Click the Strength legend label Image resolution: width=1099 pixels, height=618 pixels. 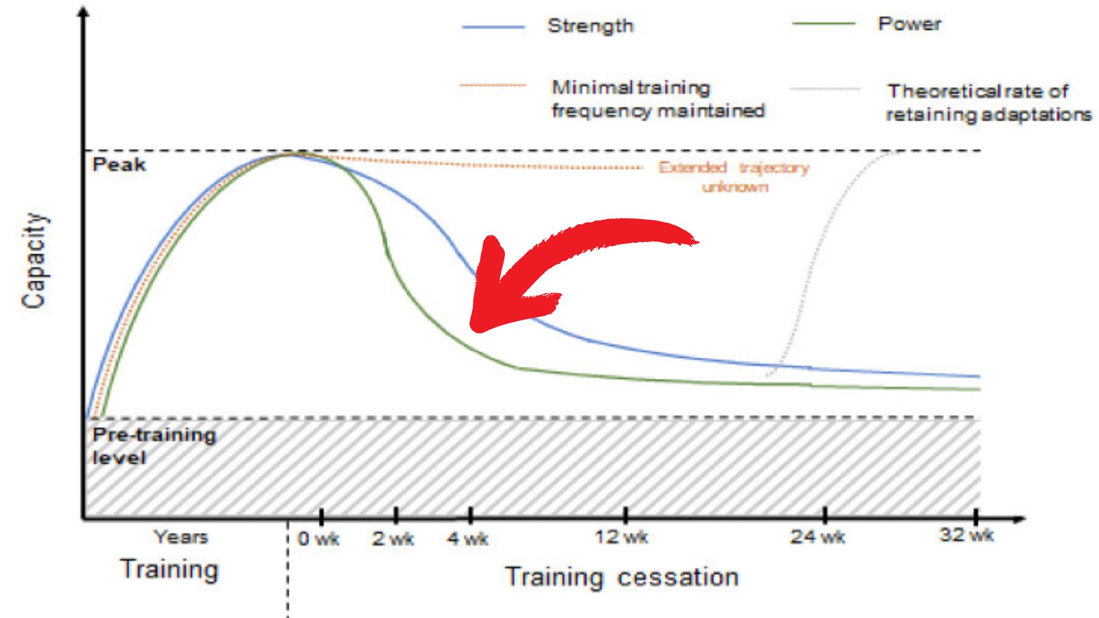(x=590, y=26)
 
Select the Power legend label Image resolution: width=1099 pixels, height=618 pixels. (x=909, y=24)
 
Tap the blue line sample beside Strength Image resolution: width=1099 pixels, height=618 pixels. (x=493, y=27)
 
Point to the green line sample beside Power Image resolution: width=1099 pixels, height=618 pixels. (x=824, y=24)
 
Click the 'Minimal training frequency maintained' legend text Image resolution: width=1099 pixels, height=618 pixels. (x=658, y=99)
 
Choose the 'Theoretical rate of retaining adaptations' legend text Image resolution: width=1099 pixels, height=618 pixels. (x=989, y=103)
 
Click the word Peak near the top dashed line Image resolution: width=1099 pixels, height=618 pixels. (x=119, y=165)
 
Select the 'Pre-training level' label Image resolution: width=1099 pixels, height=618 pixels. (x=153, y=446)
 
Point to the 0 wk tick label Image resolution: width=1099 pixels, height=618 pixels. (x=318, y=538)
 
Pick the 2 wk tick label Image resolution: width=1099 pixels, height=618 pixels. (x=393, y=538)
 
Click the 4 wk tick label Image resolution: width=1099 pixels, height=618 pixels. (x=468, y=538)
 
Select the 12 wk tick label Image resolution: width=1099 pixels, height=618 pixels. (x=621, y=537)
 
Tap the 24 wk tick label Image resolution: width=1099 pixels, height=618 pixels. (x=817, y=537)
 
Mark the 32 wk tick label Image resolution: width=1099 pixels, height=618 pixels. (x=966, y=535)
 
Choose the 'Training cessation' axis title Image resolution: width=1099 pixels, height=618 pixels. (x=622, y=577)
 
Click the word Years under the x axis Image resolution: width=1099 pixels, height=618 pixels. (x=181, y=537)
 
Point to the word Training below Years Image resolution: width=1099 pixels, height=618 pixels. (x=169, y=570)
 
